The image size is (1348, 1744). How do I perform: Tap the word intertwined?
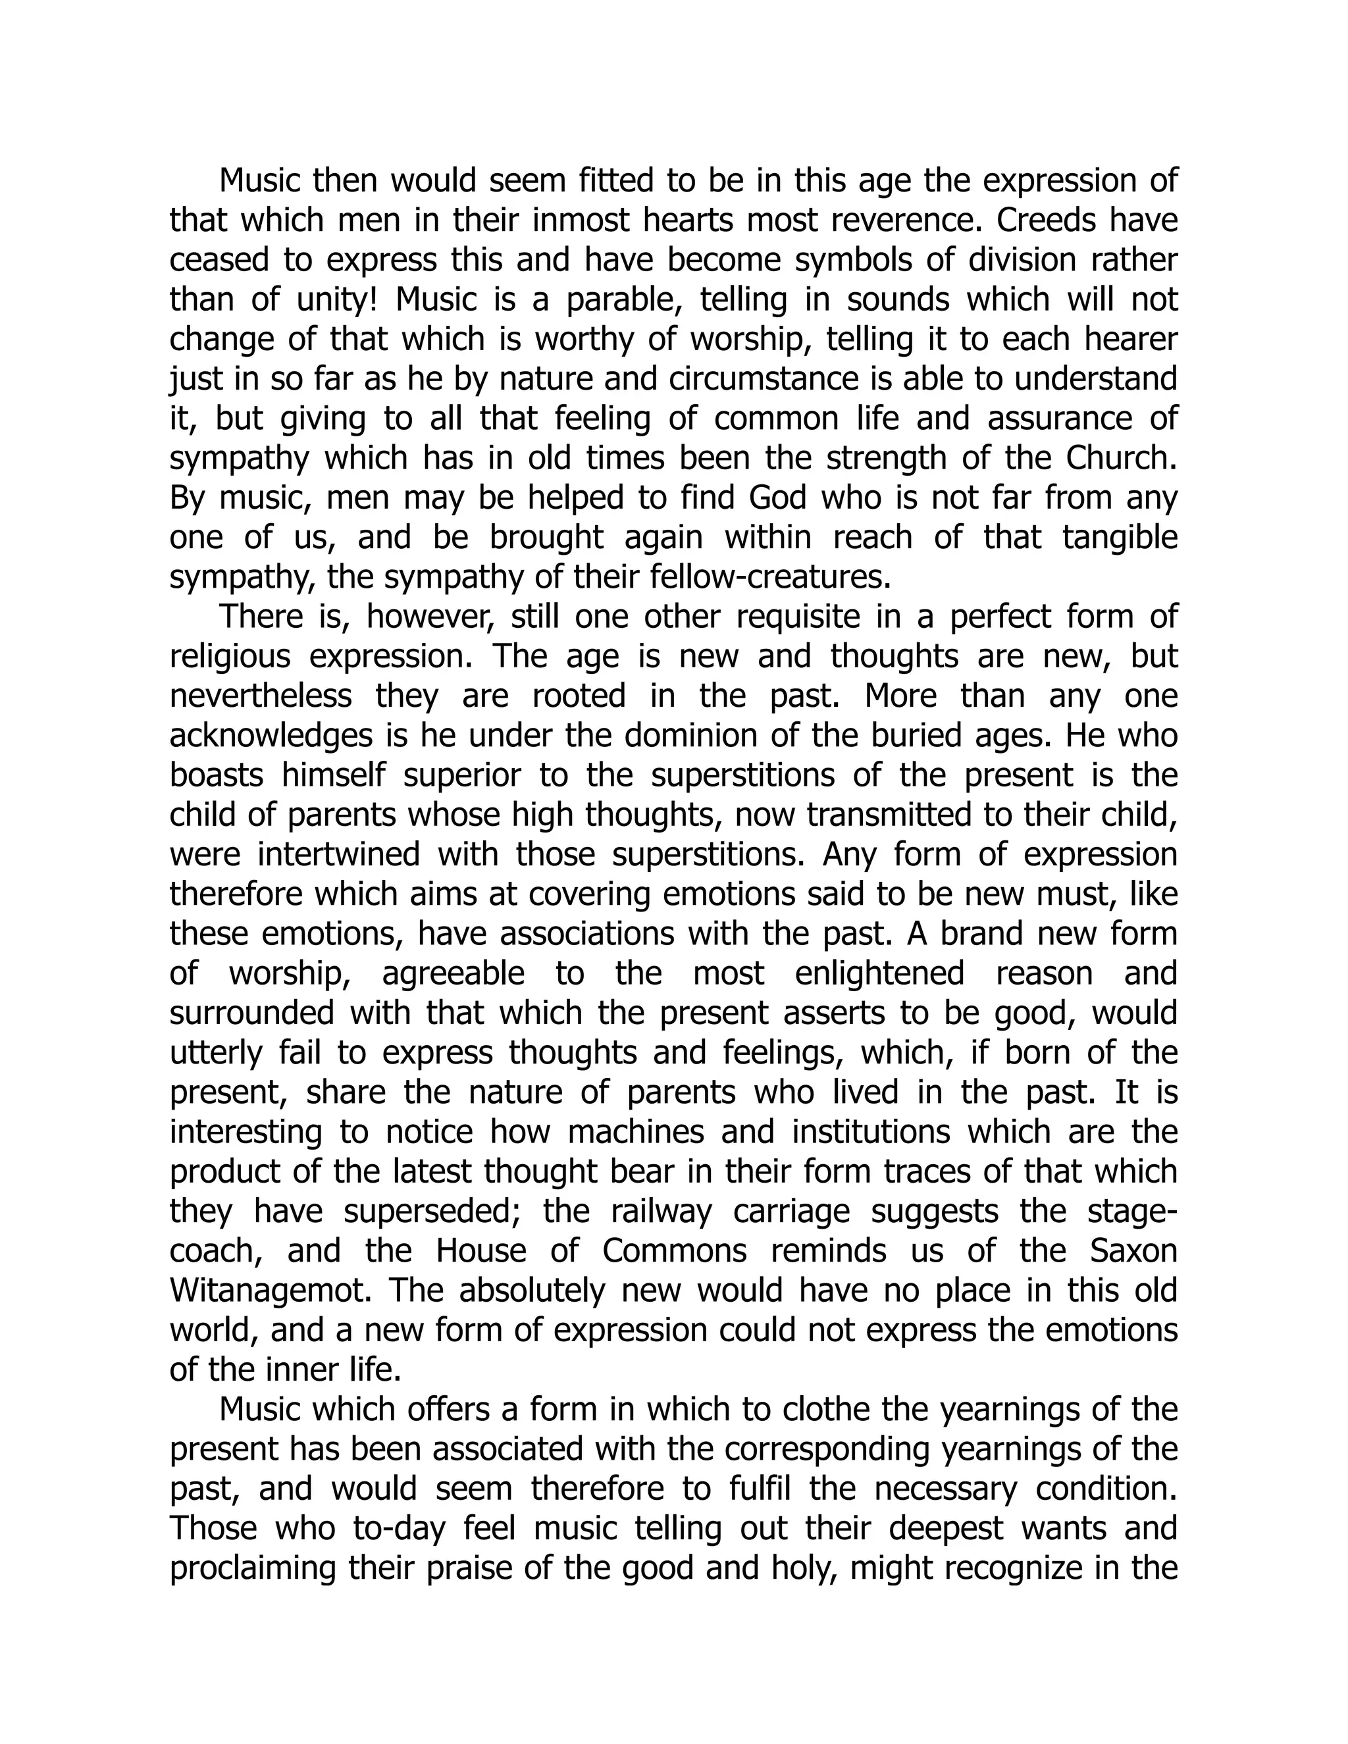338,854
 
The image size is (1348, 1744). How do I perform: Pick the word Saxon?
1134,1250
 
